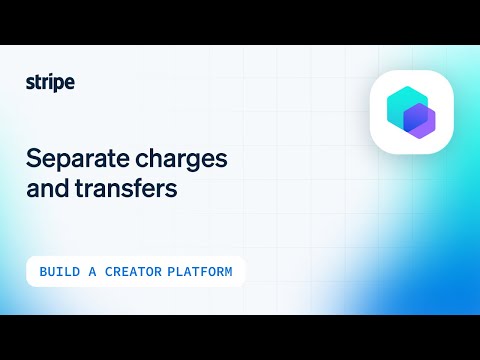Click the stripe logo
pyautogui.click(x=50, y=83)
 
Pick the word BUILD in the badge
pyautogui.click(x=60, y=272)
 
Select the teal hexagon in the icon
pyautogui.click(x=405, y=104)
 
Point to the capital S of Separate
pyautogui.click(x=32, y=159)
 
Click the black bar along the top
pyautogui.click(x=240, y=22)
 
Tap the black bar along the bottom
pyautogui.click(x=240, y=337)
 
